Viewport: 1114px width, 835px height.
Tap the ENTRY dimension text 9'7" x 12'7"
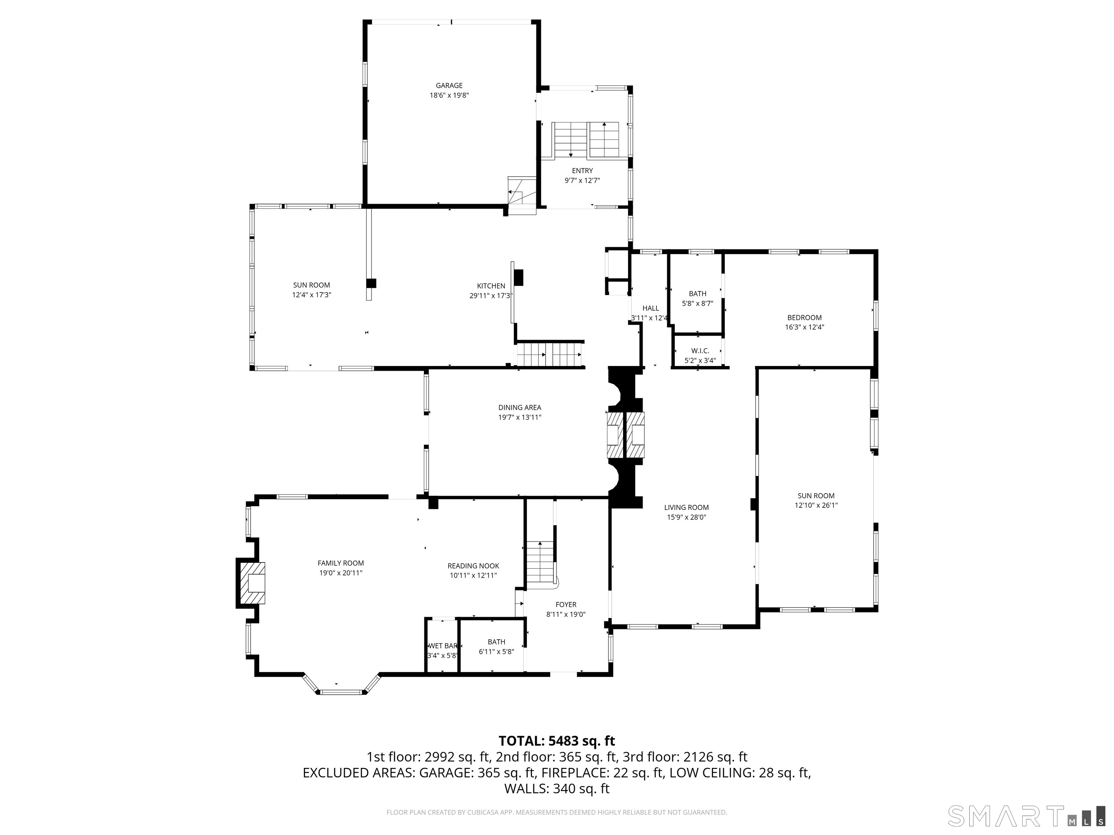coord(582,180)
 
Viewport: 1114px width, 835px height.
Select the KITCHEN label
coord(491,286)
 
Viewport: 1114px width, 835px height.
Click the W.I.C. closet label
coord(700,351)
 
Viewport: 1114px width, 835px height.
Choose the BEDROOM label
coord(804,317)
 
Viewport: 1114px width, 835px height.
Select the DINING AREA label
coord(520,408)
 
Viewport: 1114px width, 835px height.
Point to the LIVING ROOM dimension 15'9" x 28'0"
coord(686,517)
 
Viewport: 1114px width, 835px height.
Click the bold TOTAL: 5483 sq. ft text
coord(557,741)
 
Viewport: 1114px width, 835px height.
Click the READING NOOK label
coord(473,566)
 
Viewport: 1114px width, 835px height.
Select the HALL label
coord(651,308)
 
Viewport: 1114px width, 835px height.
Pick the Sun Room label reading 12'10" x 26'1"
coord(816,505)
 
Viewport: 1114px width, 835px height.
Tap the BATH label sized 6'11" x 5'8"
coord(496,642)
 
